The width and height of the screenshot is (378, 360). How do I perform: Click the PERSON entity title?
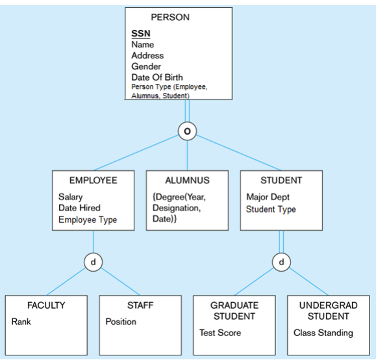coord(170,18)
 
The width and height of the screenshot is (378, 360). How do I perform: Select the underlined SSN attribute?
coord(141,34)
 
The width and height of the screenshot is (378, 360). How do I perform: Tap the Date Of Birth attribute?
coord(157,77)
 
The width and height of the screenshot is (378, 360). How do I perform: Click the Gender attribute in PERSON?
coord(146,66)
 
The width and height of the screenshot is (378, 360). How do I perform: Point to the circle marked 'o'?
coord(187,131)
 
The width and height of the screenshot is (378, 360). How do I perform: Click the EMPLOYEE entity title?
coord(93,180)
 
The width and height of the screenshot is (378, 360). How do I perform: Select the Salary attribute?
coord(71,197)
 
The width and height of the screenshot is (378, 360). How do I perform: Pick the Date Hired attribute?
coord(79,208)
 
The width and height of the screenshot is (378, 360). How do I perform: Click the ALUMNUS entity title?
coord(187,180)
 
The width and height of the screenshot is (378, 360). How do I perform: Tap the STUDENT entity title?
coord(281,180)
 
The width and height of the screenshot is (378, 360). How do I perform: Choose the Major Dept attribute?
coord(268,197)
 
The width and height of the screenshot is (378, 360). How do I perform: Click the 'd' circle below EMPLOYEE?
coord(93,263)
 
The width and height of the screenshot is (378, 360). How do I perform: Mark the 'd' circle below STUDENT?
coord(281,263)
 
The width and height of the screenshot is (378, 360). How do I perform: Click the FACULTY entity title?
coord(46,305)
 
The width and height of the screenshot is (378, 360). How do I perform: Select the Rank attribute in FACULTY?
coord(21,322)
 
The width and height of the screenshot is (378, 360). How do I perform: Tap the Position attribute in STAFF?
coord(121,322)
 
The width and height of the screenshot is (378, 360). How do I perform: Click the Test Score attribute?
coord(220,333)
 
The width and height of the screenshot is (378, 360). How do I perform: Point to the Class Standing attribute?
coord(323,333)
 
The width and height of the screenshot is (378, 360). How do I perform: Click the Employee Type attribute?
coord(88,220)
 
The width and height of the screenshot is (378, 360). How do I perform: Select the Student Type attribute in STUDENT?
coord(271,209)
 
